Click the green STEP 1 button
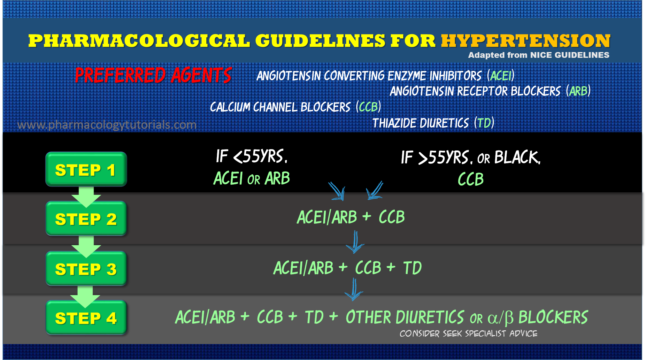click(86, 169)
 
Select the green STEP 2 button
click(86, 219)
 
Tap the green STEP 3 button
click(86, 269)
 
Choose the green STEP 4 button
click(86, 318)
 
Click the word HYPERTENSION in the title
click(526, 41)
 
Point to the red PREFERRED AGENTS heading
click(153, 75)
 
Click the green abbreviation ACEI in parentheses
click(501, 76)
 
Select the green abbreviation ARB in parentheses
click(578, 91)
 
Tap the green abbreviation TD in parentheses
click(484, 123)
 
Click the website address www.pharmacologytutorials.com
click(107, 125)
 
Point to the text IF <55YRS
click(252, 157)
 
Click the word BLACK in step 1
click(517, 157)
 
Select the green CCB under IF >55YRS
click(471, 179)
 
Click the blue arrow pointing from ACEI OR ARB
click(337, 191)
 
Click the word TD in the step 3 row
click(412, 268)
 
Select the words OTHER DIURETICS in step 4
click(404, 318)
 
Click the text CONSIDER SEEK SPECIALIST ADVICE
click(468, 334)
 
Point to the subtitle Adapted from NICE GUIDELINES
click(539, 55)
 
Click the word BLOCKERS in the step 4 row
click(553, 318)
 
